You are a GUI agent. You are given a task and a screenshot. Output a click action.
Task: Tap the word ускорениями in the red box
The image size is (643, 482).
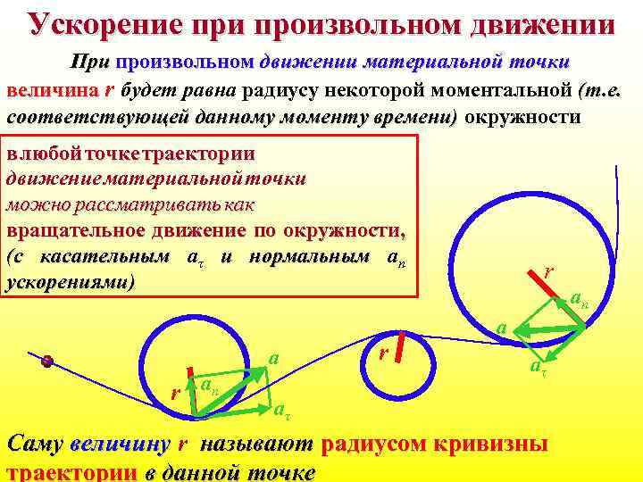tap(70, 283)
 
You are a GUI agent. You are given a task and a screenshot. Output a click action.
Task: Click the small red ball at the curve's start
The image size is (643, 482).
tap(48, 361)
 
